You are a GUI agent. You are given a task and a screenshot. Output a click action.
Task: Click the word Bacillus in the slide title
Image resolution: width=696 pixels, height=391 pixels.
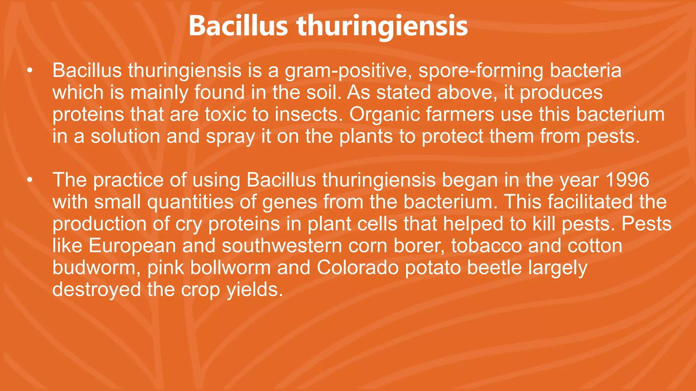tap(238, 26)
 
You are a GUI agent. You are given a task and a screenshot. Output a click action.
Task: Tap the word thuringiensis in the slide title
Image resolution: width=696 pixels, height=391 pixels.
tap(382, 26)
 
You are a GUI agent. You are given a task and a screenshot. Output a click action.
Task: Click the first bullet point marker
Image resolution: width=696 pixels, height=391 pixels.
tap(30, 71)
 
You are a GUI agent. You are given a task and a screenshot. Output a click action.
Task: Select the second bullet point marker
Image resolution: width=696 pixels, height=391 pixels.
tap(30, 180)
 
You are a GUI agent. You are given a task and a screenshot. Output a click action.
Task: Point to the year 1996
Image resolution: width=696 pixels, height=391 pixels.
tap(628, 180)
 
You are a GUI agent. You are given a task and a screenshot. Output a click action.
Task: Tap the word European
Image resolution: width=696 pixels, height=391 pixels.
tap(132, 246)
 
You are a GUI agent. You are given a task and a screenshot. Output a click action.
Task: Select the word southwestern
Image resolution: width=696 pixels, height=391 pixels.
tap(282, 246)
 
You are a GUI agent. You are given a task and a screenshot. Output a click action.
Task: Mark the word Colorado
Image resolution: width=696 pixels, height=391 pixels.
tap(358, 268)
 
